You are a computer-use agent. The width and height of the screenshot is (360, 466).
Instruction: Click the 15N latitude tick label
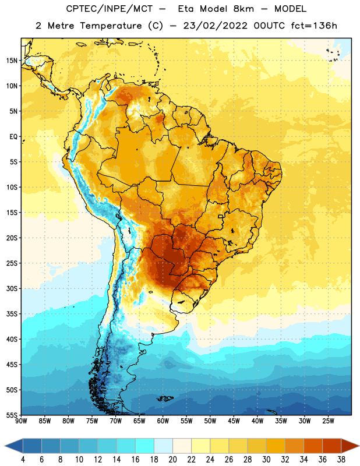pyautogui.click(x=12, y=61)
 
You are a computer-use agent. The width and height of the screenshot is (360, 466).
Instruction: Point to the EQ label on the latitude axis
pyautogui.click(x=13, y=137)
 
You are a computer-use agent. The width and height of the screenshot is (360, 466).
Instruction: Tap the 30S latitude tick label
pyautogui.click(x=12, y=288)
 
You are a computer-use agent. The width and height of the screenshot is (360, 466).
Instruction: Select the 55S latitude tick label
pyautogui.click(x=12, y=415)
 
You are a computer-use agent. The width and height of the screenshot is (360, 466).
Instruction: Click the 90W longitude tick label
pyautogui.click(x=21, y=421)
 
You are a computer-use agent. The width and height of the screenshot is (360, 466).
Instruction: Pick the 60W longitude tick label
pyautogui.click(x=163, y=421)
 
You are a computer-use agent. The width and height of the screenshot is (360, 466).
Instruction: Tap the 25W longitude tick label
pyautogui.click(x=328, y=421)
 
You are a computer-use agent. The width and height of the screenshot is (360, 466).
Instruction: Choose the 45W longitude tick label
pyautogui.click(x=234, y=421)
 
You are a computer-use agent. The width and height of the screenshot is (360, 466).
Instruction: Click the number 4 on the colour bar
pyautogui.click(x=23, y=460)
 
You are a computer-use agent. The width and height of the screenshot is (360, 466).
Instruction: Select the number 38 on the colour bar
pyautogui.click(x=341, y=460)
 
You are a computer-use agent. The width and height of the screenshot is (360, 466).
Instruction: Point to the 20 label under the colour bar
pyautogui.click(x=172, y=460)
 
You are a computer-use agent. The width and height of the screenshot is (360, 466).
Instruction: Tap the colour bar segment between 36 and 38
pyautogui.click(x=332, y=447)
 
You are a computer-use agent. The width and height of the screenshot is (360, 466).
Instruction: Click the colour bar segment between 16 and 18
pyautogui.click(x=144, y=447)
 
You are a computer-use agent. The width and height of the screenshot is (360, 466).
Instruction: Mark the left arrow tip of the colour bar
pyautogui.click(x=5, y=447)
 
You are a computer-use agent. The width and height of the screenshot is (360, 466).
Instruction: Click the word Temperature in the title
pyautogui.click(x=111, y=26)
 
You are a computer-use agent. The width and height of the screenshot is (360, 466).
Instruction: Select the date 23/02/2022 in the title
pyautogui.click(x=216, y=26)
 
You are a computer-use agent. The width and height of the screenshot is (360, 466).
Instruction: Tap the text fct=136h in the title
pyautogui.click(x=314, y=26)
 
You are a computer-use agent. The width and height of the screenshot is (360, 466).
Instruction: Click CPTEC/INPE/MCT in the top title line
pyautogui.click(x=110, y=9)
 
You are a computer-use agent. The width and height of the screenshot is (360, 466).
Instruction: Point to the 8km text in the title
pyautogui.click(x=243, y=9)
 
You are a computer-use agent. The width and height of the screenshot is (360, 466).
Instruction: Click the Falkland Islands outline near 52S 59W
pyautogui.click(x=165, y=398)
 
